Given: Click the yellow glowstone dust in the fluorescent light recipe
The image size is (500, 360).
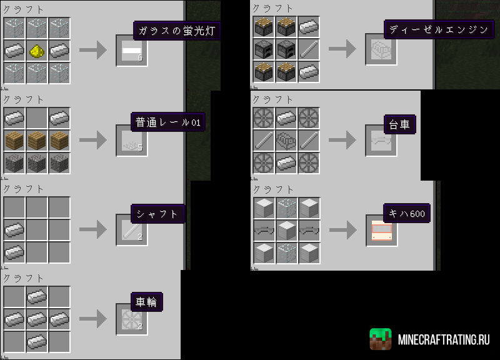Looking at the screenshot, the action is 37,51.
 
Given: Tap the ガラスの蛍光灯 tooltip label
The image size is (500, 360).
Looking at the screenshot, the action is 177,31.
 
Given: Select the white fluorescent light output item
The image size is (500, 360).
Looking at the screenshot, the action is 132,51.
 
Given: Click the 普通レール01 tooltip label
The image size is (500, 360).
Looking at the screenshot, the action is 168,122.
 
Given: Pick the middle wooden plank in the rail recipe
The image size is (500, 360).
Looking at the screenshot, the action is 37,140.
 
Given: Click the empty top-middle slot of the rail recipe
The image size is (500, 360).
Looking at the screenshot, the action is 37,118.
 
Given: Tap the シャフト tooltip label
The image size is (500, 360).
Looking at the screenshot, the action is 157,214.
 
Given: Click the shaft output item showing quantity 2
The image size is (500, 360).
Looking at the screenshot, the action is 132,230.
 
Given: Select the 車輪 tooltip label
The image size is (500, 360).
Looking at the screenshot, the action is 147,302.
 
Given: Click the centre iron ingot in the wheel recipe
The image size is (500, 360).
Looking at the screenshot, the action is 37,319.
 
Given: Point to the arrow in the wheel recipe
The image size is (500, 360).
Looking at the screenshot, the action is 92,319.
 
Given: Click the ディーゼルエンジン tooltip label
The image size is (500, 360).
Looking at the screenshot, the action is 439,29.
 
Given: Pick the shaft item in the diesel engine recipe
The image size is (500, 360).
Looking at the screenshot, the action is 309,49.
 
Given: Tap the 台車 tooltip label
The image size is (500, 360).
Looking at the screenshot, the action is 400,124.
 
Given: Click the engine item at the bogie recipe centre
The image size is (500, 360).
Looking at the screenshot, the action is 286,140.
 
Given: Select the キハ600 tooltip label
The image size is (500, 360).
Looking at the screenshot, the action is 407,213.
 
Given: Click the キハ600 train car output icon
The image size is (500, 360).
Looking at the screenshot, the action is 382,230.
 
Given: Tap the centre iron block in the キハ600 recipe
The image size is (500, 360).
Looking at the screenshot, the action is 287,230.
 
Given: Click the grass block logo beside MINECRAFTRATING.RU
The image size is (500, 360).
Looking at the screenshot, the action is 381,339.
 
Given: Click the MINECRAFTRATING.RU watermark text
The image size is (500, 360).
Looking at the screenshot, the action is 444,340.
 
